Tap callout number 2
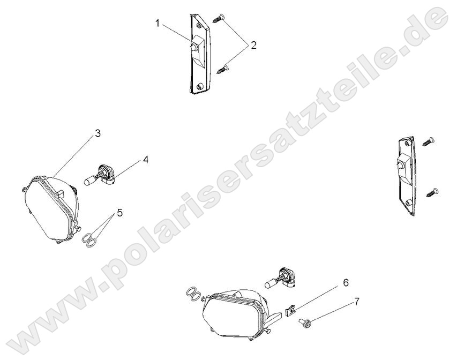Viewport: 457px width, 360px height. point(253,45)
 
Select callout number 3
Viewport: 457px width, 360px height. point(98,134)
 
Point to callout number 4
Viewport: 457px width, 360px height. point(145,160)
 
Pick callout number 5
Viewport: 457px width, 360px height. point(119,213)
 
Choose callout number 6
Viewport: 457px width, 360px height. point(346,281)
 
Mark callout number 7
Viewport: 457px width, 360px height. point(356,303)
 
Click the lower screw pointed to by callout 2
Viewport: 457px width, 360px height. point(223,68)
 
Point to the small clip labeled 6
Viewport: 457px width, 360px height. point(290,310)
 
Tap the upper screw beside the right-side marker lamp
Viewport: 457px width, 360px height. point(428,141)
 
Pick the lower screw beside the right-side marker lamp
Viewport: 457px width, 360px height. point(432,190)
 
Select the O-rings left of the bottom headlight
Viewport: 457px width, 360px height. point(194,294)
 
